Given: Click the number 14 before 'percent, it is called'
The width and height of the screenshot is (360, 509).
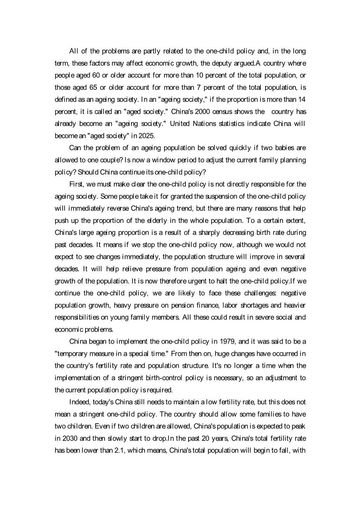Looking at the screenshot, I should click(301, 100).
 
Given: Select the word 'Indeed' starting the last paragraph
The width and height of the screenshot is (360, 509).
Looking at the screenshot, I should click(79, 402).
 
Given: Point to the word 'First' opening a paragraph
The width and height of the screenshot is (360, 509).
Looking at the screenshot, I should click(76, 184).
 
